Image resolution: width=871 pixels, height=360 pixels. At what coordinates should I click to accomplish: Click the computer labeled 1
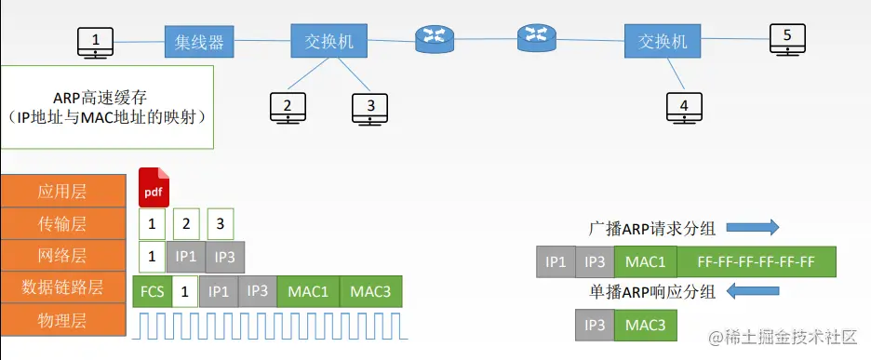point(96,42)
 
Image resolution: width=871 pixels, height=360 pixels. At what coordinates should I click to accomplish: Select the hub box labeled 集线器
point(199,42)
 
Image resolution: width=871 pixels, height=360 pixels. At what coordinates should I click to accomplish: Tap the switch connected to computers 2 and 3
point(328,42)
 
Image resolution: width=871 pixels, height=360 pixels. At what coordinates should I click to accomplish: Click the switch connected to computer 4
point(663,42)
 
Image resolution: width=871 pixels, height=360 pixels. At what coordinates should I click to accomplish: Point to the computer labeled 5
point(787,40)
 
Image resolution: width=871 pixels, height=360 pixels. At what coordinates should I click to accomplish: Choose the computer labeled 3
point(370,108)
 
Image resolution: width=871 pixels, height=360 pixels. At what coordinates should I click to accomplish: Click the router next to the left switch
point(432,37)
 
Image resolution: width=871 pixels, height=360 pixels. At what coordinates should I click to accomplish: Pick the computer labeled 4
point(685,108)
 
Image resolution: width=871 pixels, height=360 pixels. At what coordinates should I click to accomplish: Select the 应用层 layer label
point(62,192)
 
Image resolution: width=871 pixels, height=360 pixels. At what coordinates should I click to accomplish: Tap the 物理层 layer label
point(62,321)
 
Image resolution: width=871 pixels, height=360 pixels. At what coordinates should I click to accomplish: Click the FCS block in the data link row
point(152,289)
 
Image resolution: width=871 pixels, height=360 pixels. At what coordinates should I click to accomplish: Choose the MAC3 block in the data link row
point(370,289)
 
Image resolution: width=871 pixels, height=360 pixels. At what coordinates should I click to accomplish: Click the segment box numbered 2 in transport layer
point(187,223)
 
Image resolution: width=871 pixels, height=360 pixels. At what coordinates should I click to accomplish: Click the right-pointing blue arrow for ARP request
point(752,228)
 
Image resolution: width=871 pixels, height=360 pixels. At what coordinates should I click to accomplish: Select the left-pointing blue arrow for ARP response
point(752,292)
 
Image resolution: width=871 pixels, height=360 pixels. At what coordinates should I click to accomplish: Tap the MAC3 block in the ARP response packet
point(644,326)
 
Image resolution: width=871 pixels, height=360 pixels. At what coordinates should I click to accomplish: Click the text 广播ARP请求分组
point(652,228)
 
